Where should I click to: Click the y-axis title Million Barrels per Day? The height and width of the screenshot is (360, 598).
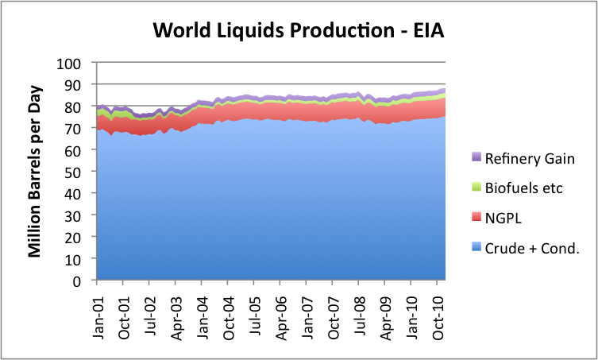click(x=36, y=171)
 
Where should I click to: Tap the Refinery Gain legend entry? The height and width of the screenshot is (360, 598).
click(x=527, y=158)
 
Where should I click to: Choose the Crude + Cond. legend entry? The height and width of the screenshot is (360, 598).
click(x=532, y=248)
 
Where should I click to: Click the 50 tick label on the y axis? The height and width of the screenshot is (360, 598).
click(x=79, y=172)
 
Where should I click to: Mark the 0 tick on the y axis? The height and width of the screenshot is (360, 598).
click(x=83, y=281)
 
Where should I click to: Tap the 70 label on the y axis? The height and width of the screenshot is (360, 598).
click(x=79, y=128)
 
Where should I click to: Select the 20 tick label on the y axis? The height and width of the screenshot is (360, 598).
click(x=79, y=237)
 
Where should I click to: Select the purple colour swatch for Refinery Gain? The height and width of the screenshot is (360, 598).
click(x=476, y=158)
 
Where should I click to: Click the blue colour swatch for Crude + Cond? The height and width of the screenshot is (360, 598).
click(x=476, y=248)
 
